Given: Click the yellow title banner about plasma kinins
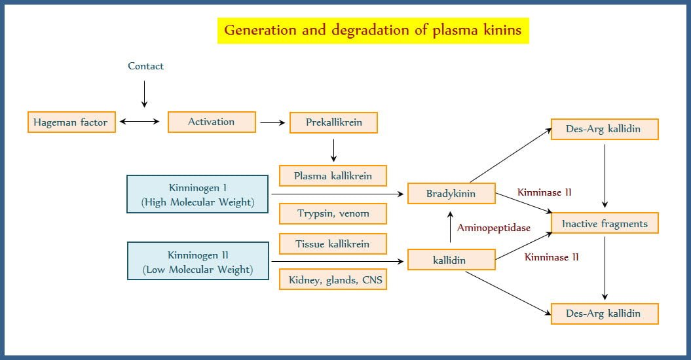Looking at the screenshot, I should pos(373,30).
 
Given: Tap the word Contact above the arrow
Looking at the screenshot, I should pos(145,66).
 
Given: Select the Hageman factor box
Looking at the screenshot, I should pos(72,122).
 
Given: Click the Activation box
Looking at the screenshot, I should pos(211,122).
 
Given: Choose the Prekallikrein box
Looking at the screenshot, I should pos(333,122).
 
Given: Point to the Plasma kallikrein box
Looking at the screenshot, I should pos(333,175).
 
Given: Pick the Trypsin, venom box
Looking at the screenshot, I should pos(333,213).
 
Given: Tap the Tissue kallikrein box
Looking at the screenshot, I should pos(333,244).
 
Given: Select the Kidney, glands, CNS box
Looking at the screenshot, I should pos(333,280).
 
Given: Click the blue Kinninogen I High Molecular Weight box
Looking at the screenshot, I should pos(198,194).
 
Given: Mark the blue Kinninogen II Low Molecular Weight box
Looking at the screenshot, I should pos(198,261).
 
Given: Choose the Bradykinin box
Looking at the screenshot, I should pos(451,194).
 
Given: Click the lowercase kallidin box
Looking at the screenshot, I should pos(451,260).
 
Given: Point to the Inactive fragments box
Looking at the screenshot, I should pos(605,224).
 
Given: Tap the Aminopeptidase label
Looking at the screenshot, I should pos(493,228).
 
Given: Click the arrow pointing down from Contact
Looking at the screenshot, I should pos(145,94).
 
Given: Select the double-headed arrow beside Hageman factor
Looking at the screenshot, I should pos(140,122).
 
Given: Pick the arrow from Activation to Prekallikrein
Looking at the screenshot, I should pos(271,122).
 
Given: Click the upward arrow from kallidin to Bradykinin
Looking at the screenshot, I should pos(449,226).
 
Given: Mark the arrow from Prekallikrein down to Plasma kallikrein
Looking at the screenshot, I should pos(333,150).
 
